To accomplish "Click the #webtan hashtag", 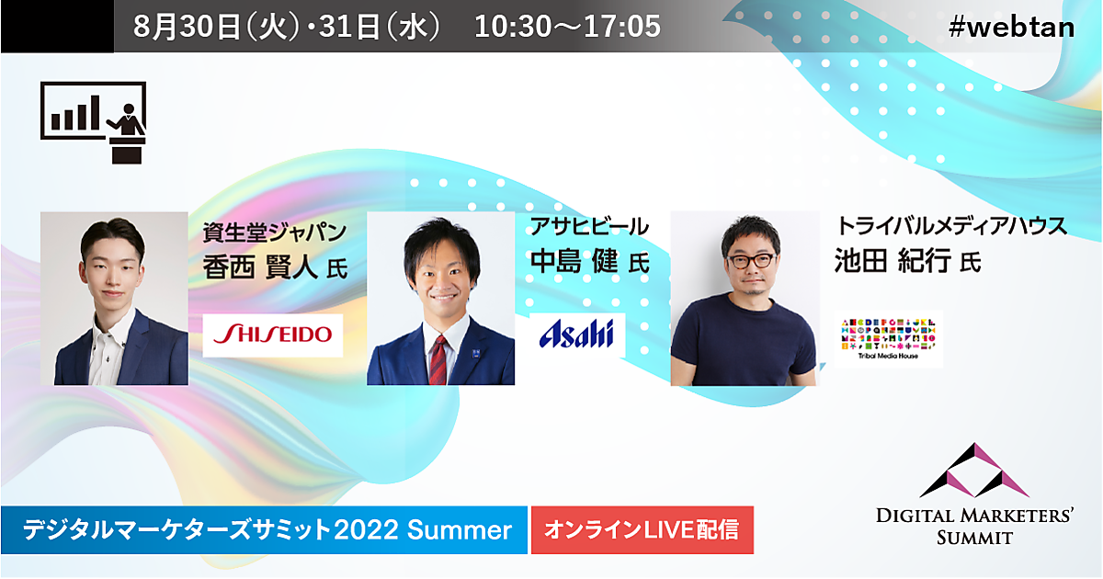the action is pos(1011,27).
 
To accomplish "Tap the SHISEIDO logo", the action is pos(273,335).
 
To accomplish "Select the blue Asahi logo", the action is pos(577,335).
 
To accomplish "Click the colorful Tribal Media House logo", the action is pos(889,339).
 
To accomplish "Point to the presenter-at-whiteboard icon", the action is pos(94,122).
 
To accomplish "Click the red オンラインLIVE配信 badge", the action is pos(642,529).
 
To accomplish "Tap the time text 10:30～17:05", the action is pos(567,26).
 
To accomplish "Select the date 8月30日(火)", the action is pos(217,26).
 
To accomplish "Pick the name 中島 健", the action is pos(574,261).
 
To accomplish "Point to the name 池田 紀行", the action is pos(892,260).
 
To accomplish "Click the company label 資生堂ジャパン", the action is pos(275,232).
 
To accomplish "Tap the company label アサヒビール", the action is pos(589,226).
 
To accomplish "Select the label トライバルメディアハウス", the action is pos(951,225).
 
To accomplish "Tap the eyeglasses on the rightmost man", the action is pos(752,260).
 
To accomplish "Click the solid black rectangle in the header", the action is pos(57,26).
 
